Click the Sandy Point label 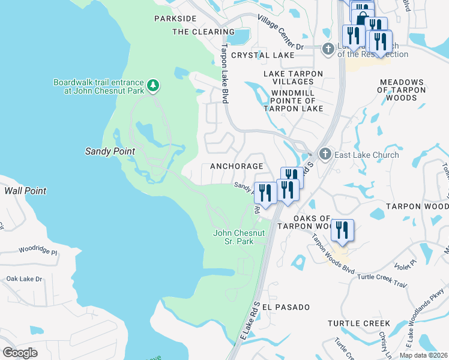110,151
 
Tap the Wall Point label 25,191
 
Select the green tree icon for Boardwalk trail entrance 154,86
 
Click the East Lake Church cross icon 325,155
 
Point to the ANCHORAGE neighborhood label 236,166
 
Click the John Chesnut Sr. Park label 239,237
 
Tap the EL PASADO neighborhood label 286,307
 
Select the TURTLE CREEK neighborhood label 359,323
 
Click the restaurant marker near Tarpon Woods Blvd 342,230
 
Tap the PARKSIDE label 175,19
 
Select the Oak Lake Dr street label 24,279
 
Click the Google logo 20,352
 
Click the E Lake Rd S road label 251,322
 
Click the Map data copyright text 423,355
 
